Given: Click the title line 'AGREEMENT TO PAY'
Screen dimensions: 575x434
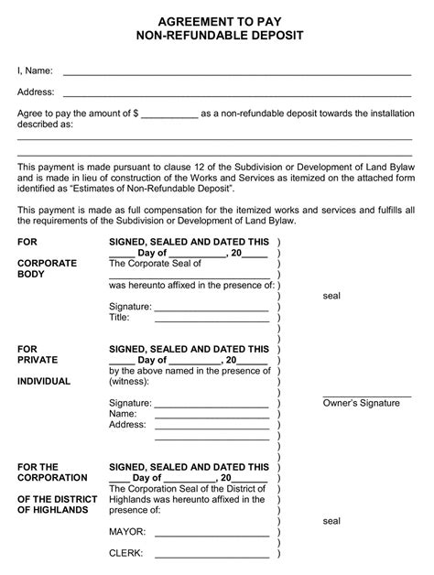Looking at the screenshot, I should (x=217, y=19).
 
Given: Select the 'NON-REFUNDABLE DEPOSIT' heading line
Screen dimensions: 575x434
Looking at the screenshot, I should (x=217, y=36).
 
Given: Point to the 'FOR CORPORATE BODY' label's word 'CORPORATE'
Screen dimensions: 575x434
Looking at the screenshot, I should (x=48, y=263).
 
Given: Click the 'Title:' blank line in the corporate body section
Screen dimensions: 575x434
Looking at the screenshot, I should (x=211, y=320).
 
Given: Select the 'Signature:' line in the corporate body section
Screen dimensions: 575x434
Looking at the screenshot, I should (x=211, y=309).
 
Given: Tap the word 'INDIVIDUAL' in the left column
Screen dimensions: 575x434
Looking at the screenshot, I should (x=44, y=382).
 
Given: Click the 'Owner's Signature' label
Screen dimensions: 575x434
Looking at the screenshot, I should (x=361, y=404).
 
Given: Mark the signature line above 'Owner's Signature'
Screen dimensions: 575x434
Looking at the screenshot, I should (x=366, y=396).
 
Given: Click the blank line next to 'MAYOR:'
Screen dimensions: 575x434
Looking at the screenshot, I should (x=211, y=534).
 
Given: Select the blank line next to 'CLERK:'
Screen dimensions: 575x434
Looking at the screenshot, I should (x=211, y=556).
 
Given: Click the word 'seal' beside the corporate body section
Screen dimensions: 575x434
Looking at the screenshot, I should (x=331, y=297).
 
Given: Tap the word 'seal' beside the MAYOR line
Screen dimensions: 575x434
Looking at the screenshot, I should (x=331, y=521).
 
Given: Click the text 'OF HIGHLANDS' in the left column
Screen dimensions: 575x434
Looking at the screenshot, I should (x=53, y=510).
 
